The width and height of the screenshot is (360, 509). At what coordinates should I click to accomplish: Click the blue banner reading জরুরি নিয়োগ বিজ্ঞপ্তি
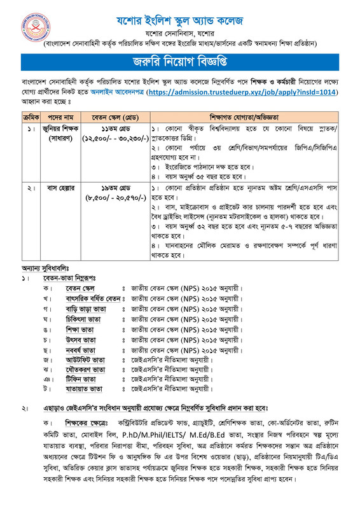point(179,62)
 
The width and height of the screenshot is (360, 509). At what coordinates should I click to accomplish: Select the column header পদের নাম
point(62,117)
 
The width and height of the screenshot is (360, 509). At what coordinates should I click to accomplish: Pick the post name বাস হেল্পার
point(62,189)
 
